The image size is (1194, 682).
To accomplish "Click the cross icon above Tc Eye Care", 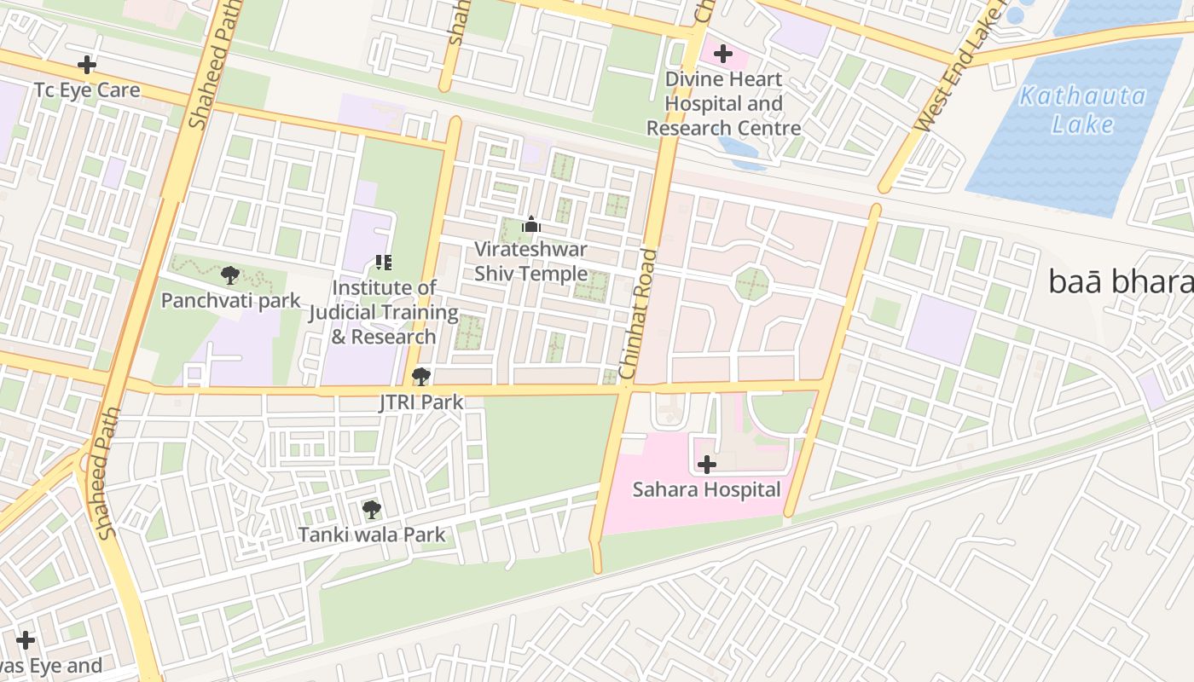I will [86, 65].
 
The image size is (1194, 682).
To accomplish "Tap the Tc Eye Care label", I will [86, 90].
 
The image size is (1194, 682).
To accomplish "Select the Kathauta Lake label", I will [1082, 110].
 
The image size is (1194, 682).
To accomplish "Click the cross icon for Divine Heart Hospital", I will [723, 55].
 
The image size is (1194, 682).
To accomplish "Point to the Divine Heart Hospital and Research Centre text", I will [723, 104].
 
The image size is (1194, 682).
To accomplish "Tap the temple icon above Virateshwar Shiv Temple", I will [531, 225].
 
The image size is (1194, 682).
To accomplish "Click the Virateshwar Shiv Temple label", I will [530, 262].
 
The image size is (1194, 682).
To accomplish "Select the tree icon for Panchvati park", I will [229, 275].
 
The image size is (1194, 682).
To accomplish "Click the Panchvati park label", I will [230, 300].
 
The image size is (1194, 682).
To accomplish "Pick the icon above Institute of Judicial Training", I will [384, 263].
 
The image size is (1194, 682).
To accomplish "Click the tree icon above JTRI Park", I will [420, 376].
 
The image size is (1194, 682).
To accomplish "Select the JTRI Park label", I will [420, 402].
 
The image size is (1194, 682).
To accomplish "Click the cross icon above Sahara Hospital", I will [706, 465].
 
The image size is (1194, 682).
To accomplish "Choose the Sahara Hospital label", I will [706, 489].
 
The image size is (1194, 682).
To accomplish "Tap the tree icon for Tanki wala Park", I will [371, 510].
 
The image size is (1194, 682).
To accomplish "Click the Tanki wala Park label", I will [371, 535].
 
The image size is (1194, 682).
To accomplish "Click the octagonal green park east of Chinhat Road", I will [752, 282].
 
